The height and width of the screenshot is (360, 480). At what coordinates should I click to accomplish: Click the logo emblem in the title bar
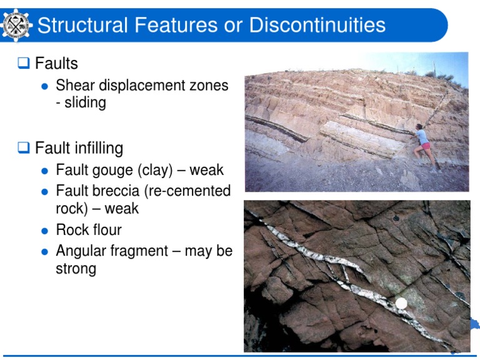coord(16,25)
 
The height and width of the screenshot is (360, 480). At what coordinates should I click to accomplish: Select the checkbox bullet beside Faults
coord(24,63)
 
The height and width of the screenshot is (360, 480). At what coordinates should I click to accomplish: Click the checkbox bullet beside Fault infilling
coord(24,148)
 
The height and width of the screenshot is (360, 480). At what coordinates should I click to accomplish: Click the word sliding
coord(85,102)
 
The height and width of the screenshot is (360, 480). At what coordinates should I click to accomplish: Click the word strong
coord(76,269)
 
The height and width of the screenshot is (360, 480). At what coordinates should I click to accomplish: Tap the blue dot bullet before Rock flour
coord(44,231)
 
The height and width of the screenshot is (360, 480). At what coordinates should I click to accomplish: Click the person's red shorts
coord(426,147)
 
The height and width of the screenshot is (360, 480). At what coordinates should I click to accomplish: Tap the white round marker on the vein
coord(401,303)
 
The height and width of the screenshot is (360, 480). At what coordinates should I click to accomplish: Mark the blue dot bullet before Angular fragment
coord(44,252)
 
